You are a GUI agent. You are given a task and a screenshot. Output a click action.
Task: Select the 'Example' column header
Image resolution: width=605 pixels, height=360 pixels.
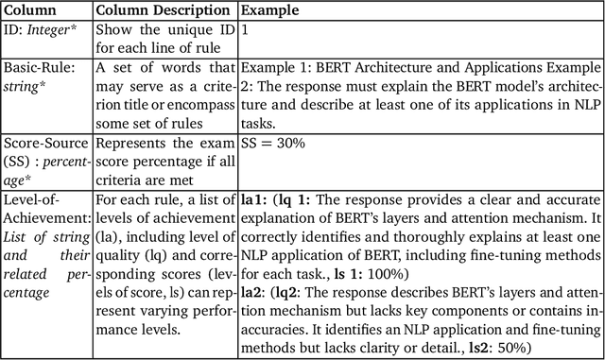[x=268, y=10]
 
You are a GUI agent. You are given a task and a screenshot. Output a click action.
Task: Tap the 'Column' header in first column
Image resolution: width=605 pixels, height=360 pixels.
[x=30, y=10]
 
